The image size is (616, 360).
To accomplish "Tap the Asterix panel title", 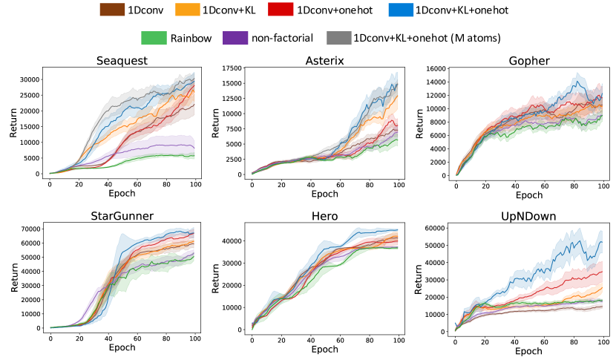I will point(325,60).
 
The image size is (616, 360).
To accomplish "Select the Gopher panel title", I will point(528,60).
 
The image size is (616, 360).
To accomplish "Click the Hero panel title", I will point(325,217).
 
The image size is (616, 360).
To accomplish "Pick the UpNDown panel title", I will point(528,217).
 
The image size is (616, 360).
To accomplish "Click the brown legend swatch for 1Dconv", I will point(112,10).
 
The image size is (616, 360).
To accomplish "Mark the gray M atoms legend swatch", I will point(338,37).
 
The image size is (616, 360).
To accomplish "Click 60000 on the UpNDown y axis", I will point(432,229).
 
